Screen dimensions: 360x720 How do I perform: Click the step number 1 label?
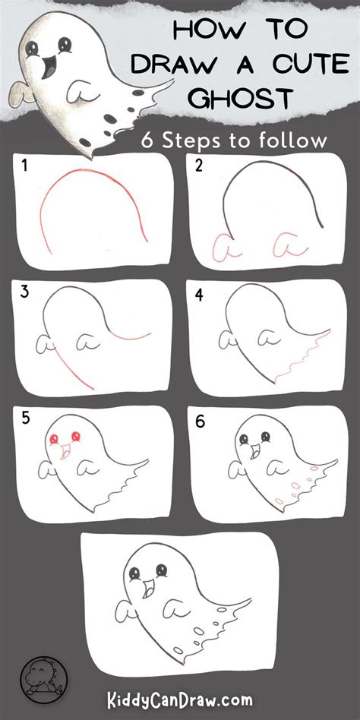pos(24,166)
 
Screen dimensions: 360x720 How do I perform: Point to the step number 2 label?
pos(199,166)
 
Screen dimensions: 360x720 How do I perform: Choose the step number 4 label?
pos(199,295)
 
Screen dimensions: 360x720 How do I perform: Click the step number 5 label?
pos(25,418)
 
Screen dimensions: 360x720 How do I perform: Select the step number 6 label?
pos(200,421)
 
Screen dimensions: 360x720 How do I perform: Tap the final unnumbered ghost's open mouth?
pos(149,587)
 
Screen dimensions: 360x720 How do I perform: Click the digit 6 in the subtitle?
pos(147,141)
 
